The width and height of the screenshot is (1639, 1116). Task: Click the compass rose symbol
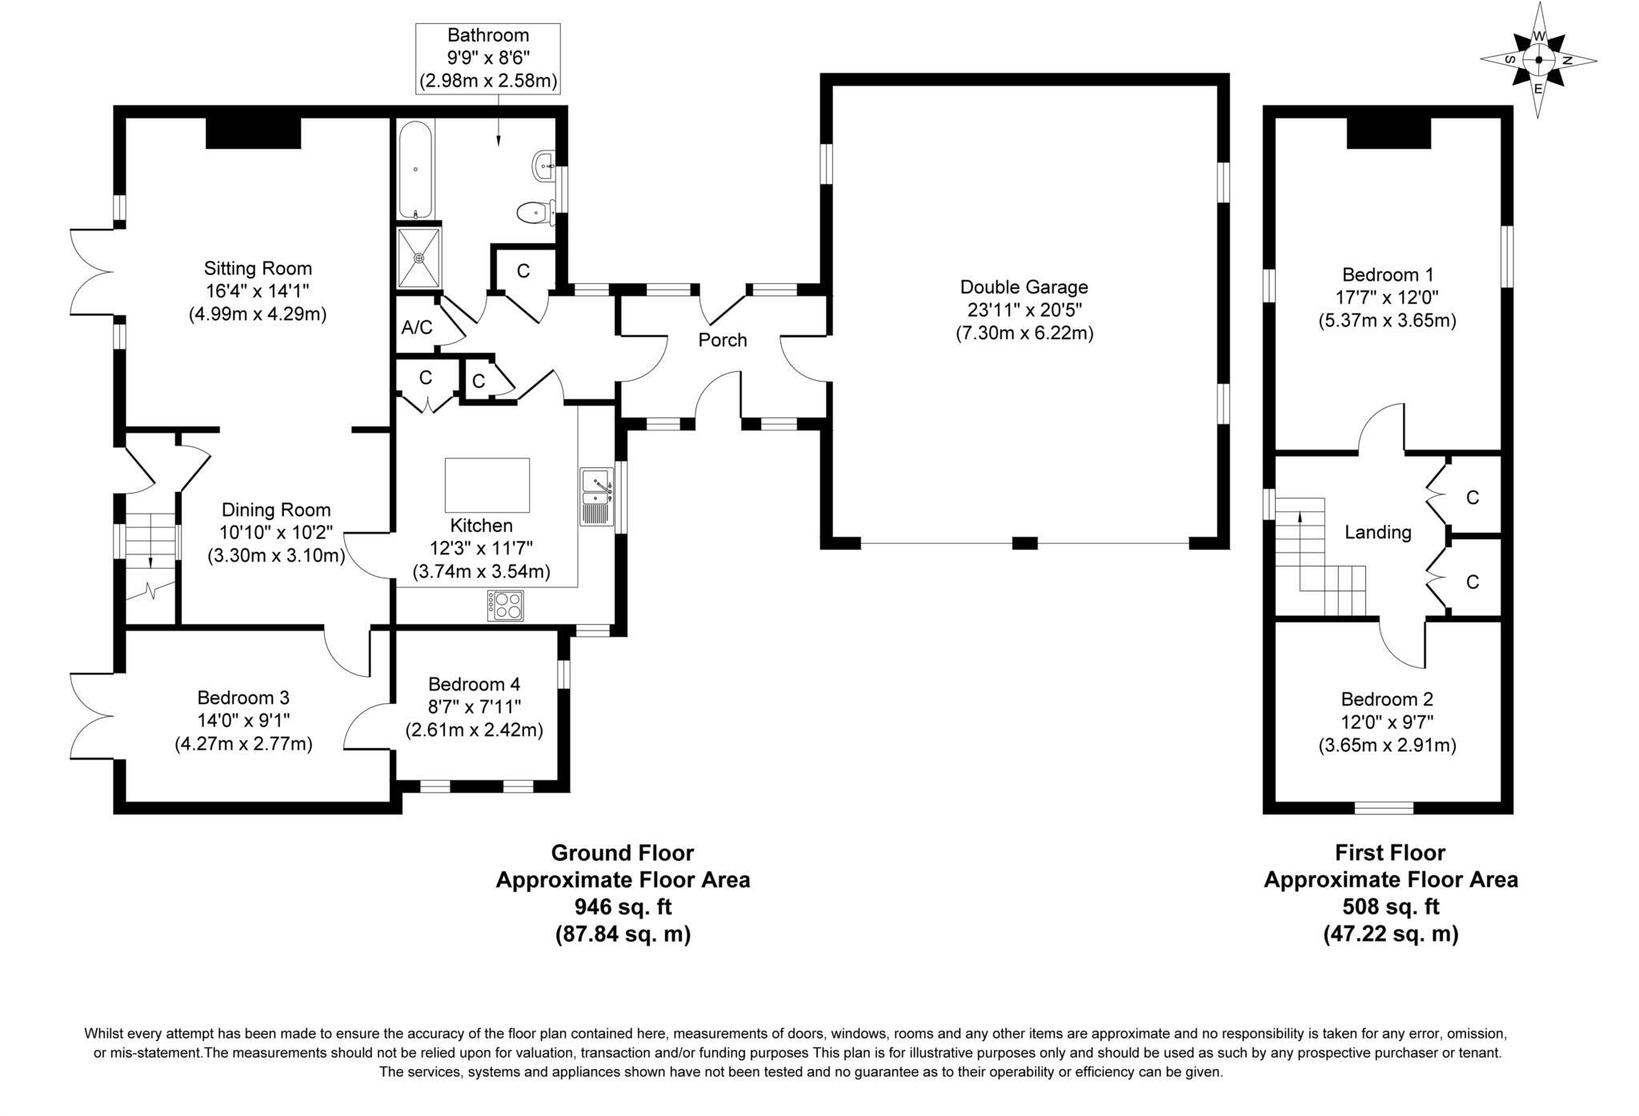click(1538, 60)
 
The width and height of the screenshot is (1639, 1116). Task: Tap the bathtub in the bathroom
click(415, 170)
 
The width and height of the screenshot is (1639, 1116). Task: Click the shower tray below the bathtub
click(419, 258)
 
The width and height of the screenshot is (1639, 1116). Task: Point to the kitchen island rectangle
click(487, 485)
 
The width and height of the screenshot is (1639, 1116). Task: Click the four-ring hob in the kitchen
click(506, 605)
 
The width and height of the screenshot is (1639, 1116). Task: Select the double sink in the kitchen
click(596, 495)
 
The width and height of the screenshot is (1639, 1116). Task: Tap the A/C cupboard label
click(416, 327)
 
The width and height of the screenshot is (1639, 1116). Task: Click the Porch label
click(722, 340)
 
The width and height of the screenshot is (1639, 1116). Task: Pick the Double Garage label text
click(1024, 286)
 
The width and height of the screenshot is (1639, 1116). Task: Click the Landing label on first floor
click(1377, 532)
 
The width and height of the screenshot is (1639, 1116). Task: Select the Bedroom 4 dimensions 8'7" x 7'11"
click(475, 707)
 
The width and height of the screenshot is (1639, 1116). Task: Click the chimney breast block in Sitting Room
click(253, 133)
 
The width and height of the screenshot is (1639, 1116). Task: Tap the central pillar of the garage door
click(1024, 543)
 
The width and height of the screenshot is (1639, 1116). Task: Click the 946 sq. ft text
click(623, 906)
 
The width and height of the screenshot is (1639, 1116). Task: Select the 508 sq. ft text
click(1390, 906)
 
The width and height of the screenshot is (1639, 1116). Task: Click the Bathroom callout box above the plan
click(487, 58)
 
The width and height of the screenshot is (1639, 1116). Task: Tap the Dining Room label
click(276, 510)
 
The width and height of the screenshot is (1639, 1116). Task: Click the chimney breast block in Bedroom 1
click(1388, 133)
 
